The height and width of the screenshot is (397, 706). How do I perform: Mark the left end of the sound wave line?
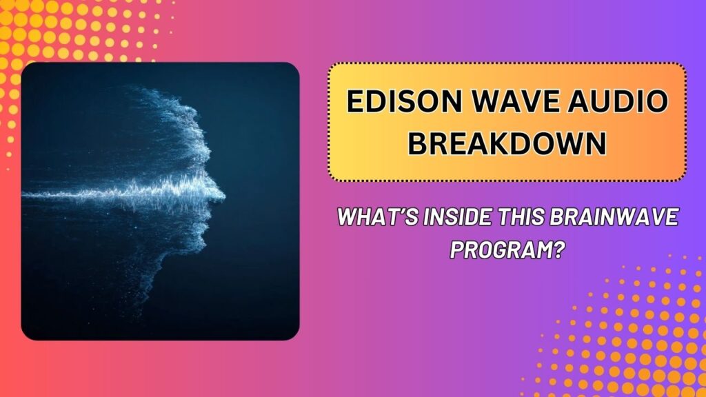pyautogui.click(x=25, y=194)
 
